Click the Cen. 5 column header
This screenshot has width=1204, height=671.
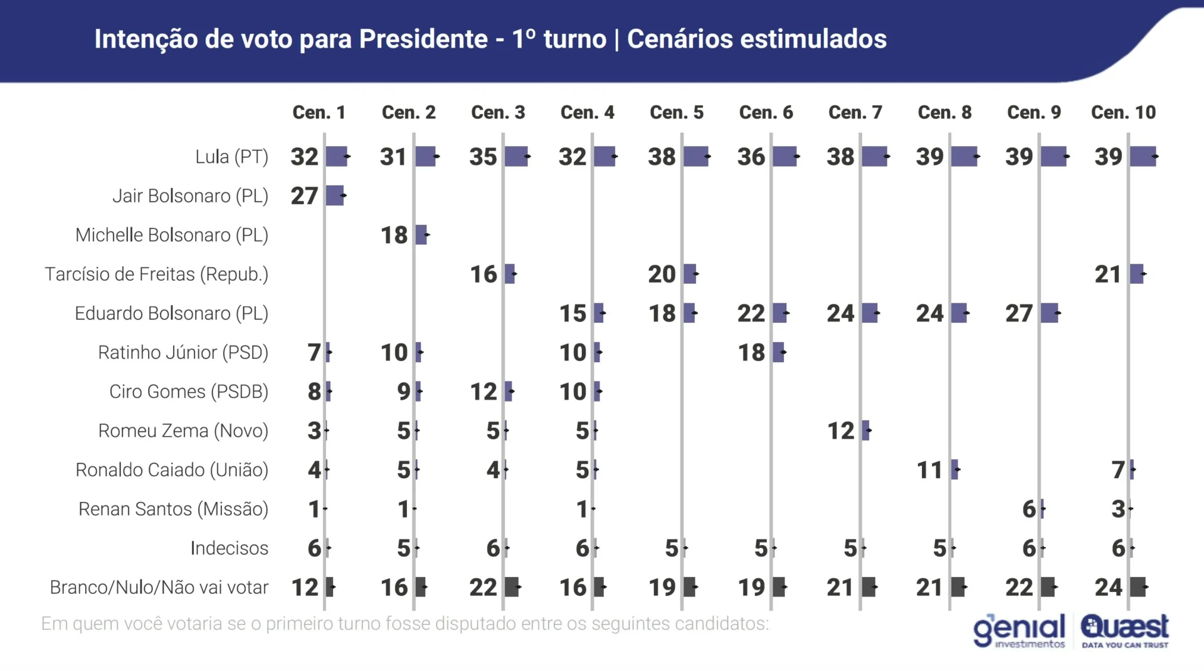pos(676,112)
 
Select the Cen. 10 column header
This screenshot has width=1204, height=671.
pos(1122,112)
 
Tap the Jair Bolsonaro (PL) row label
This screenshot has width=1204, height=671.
pos(190,196)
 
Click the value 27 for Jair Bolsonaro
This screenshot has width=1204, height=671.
pos(304,196)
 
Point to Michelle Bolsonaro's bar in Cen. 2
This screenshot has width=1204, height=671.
pos(421,235)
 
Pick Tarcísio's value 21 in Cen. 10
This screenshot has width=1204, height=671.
pos(1107,274)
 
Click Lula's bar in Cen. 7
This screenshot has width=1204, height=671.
pos(874,157)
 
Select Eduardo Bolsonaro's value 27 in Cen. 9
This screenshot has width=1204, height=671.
pos(1018,313)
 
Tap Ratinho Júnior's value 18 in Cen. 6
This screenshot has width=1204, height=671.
pos(751,353)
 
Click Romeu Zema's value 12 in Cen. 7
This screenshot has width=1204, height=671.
pos(840,431)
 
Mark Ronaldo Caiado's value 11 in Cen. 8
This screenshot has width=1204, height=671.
pos(929,470)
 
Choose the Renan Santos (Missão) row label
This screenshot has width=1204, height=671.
pos(173,509)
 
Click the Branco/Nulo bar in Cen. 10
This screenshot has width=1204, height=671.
pos(1138,587)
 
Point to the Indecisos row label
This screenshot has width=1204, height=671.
pos(229,548)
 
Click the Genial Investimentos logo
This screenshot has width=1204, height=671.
pos(1019,630)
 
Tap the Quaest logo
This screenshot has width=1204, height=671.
pos(1124,630)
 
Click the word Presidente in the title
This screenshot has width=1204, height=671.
pos(423,39)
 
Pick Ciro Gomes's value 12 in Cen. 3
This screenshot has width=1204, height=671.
pos(483,392)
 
